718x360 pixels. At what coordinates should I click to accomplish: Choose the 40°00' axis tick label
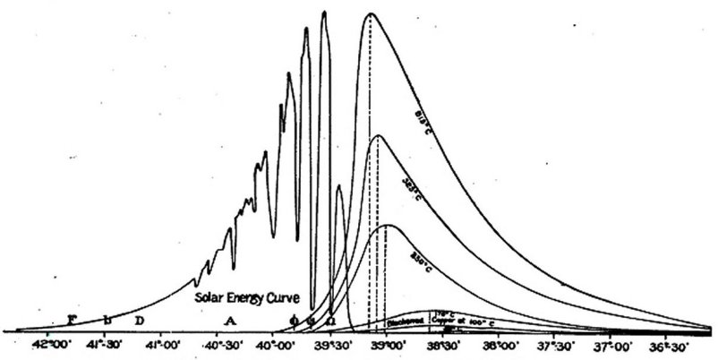275,344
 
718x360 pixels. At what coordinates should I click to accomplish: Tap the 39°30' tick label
332,344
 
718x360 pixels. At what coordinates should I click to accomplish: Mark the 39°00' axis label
388,344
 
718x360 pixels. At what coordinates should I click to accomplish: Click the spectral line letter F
72,320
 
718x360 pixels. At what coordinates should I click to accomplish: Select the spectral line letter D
139,320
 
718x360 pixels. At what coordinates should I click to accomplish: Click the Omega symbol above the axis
330,320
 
